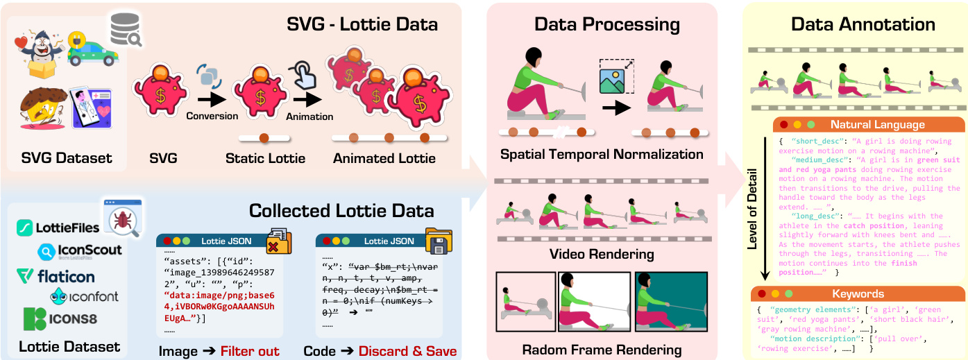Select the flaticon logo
coord(56,277)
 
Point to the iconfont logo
coord(84,296)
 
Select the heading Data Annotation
coord(863,25)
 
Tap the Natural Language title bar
coord(867,125)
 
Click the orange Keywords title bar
coord(858,293)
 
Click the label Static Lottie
coord(266,159)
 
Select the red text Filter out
coord(250,351)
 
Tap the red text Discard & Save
coord(407,351)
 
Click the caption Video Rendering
coord(602,254)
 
